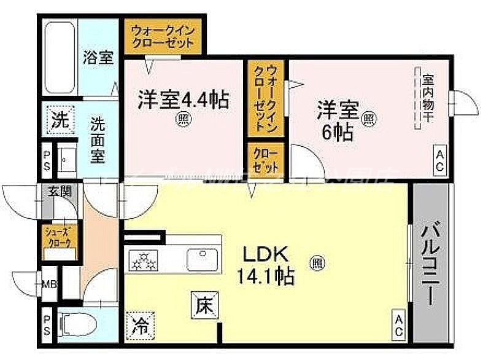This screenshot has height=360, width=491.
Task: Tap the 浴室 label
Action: pyautogui.click(x=98, y=58)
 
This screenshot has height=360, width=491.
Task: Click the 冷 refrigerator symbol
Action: pyautogui.click(x=139, y=324)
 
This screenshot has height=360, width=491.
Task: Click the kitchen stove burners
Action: pyautogui.click(x=146, y=261)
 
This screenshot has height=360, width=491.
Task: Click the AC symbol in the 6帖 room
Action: pyautogui.click(x=440, y=161)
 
